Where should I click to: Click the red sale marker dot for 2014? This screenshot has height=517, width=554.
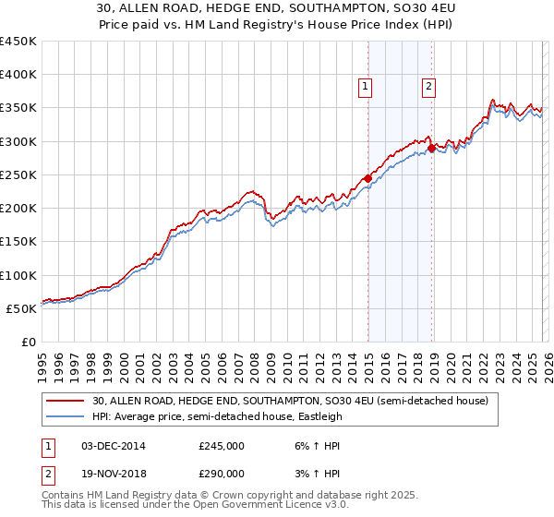pyautogui.click(x=367, y=178)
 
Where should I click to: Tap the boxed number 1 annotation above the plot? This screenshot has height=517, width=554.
pyautogui.click(x=366, y=88)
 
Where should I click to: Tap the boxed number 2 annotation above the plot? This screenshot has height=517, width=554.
pyautogui.click(x=429, y=88)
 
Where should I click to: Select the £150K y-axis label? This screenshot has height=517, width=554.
pyautogui.click(x=18, y=242)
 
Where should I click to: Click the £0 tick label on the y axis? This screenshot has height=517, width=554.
pyautogui.click(x=28, y=343)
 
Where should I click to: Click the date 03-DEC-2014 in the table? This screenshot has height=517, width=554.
pyautogui.click(x=114, y=445)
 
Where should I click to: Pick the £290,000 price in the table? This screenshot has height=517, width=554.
pyautogui.click(x=222, y=473)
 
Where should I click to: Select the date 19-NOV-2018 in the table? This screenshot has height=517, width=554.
pyautogui.click(x=114, y=473)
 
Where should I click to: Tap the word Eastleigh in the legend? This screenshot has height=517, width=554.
pyautogui.click(x=316, y=416)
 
